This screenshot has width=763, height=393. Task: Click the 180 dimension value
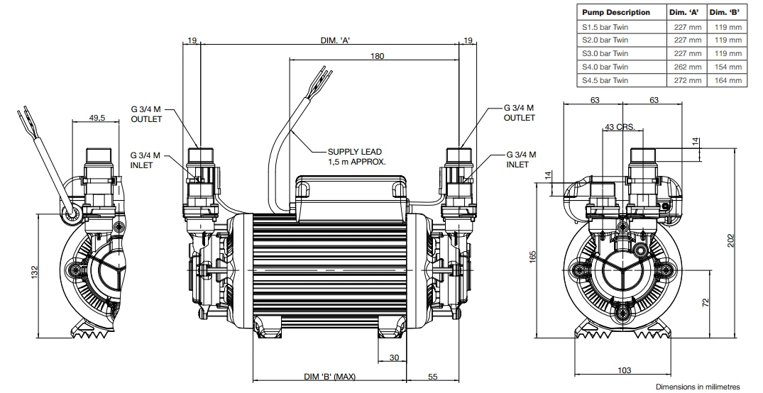(x=377, y=55)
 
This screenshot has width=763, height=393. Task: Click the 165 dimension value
(x=542, y=255)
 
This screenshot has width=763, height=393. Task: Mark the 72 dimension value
(x=705, y=301)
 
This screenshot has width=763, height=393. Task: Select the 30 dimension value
(x=395, y=358)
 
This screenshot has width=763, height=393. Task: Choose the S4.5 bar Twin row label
(x=605, y=80)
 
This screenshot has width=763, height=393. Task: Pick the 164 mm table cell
(x=728, y=80)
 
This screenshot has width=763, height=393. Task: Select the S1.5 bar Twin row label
(x=605, y=27)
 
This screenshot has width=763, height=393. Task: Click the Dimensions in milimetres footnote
(x=697, y=387)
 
